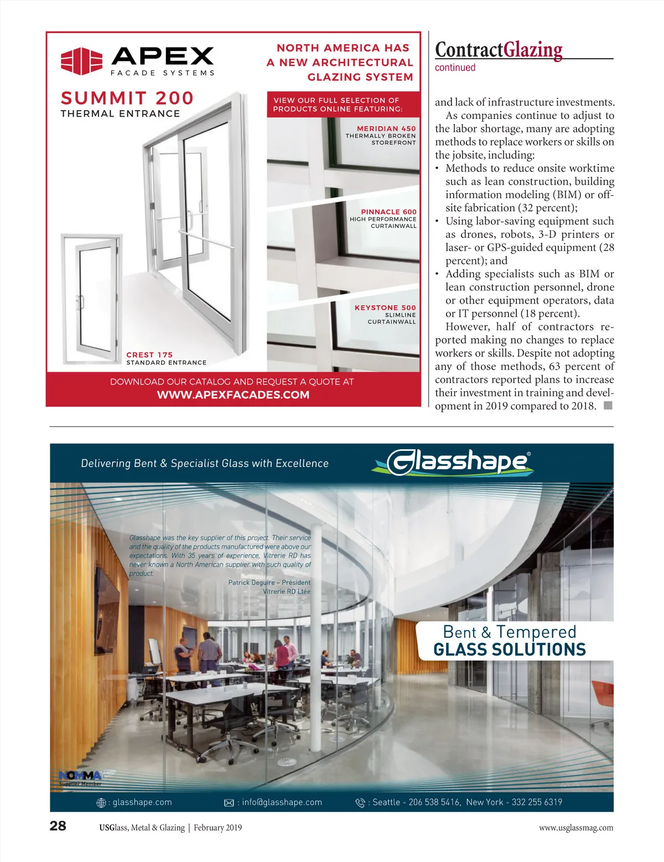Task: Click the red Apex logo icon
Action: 81,61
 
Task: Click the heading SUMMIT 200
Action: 127,98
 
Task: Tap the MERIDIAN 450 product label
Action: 386,128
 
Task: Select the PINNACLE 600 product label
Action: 388,212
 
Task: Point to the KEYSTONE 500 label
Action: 385,308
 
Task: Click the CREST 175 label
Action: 149,355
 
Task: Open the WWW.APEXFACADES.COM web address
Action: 233,395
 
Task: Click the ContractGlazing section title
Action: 499,50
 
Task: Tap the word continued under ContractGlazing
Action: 455,67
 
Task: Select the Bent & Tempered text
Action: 510,632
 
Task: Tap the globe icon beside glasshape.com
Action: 101,803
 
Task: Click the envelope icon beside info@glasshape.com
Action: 229,803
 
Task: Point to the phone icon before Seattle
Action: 360,803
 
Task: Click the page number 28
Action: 58,826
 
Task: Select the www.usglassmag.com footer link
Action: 576,828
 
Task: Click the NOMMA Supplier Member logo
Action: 80,778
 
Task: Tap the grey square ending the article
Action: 608,406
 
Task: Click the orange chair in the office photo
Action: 603,692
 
